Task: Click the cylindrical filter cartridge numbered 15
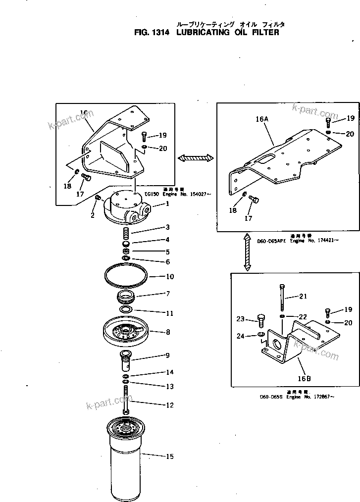click(126, 460)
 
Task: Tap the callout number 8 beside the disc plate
click(168, 332)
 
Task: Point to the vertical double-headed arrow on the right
click(246, 253)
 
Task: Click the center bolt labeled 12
click(126, 401)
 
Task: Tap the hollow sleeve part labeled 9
click(126, 361)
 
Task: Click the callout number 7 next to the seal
click(168, 294)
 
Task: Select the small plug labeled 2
click(98, 198)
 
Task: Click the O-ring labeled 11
click(126, 310)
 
